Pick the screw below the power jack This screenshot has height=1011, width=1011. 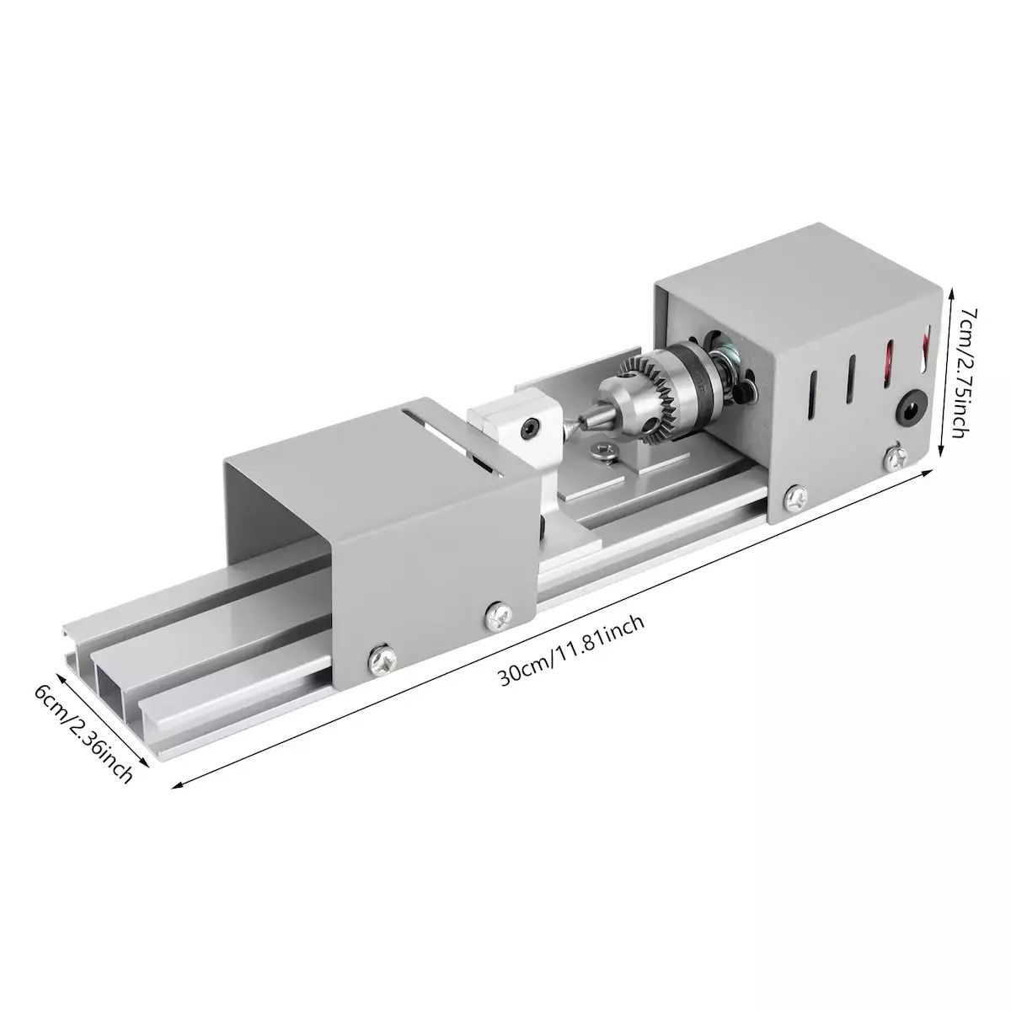(x=898, y=457)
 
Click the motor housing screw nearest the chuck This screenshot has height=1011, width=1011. (x=794, y=500)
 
